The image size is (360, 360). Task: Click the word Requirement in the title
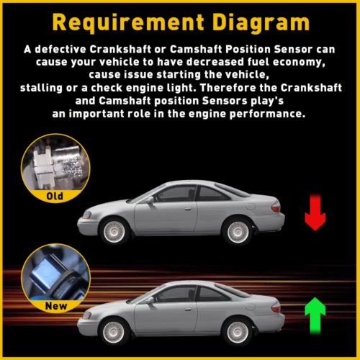128,23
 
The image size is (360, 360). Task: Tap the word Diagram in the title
261,24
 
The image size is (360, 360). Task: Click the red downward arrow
315,212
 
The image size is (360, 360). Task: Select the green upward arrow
315,315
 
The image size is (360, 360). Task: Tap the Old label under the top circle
55,196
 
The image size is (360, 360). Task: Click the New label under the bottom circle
56,306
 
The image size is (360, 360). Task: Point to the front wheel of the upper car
114,231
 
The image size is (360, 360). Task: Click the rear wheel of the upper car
238,232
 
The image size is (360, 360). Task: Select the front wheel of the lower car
114,332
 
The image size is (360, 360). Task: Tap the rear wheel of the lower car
238,333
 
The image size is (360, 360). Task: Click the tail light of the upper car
276,207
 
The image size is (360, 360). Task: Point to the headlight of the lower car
87,315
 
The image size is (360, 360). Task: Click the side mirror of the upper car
150,199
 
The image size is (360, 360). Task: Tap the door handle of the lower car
188,309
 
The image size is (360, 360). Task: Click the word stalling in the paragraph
41,88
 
